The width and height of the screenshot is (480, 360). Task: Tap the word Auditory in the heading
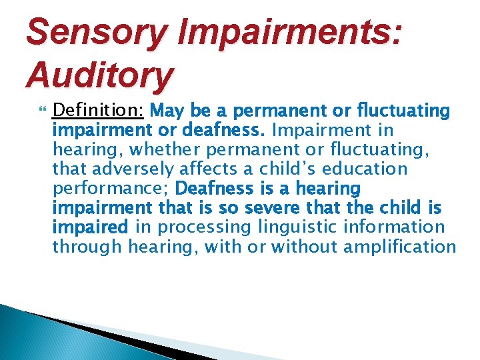99,75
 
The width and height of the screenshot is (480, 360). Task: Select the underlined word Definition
99,109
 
